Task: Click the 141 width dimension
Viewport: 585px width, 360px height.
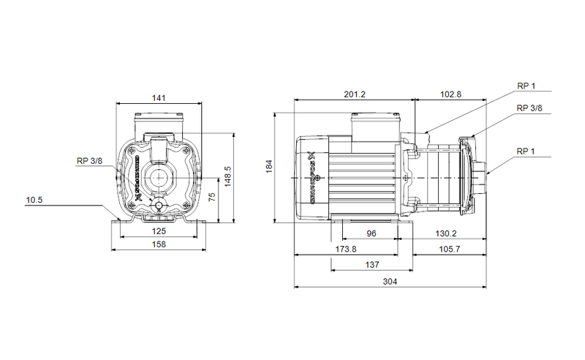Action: (159, 97)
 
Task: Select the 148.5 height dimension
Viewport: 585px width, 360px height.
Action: (227, 176)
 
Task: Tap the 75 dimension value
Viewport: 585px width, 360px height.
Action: (211, 197)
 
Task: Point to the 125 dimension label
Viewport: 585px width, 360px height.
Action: (159, 231)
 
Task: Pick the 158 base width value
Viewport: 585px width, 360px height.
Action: (159, 244)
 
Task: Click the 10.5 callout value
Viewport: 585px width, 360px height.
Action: (34, 199)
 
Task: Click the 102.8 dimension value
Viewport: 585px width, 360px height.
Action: (450, 94)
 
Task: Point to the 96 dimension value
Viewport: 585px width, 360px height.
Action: (371, 233)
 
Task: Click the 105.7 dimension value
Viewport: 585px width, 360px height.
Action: (448, 250)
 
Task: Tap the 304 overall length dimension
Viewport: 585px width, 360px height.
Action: (391, 282)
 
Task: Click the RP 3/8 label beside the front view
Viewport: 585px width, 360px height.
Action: (90, 162)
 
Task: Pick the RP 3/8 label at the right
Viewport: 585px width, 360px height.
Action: (529, 108)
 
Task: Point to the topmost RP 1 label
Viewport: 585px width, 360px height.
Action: (526, 86)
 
